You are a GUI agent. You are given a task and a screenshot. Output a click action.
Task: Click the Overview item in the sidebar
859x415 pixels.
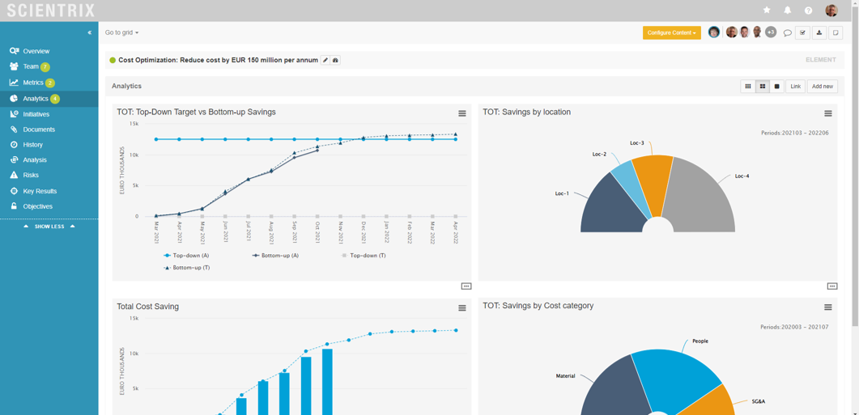pos(36,51)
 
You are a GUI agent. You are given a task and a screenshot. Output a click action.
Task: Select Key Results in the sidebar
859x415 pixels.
pos(40,191)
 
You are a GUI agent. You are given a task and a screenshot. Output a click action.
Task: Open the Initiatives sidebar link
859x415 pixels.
pos(36,114)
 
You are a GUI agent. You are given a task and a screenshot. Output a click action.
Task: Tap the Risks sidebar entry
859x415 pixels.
pos(31,175)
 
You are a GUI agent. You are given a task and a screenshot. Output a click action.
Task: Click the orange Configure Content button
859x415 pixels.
pos(671,32)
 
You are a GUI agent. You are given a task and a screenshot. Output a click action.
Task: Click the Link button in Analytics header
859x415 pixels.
pos(795,86)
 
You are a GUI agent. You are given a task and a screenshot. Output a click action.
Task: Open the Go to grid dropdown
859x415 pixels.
pos(121,32)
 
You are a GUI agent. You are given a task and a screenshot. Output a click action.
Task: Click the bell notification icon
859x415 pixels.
pos(787,11)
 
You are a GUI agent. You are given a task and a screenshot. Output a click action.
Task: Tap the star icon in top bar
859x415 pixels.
pos(767,11)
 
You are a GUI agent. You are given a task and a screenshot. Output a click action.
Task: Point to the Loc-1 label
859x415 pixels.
pos(562,193)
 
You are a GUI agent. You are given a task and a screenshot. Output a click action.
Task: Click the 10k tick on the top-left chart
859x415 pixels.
pos(134,155)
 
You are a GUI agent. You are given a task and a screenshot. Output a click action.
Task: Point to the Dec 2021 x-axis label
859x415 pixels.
pos(364,232)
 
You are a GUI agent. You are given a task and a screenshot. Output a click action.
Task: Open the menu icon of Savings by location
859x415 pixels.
pos(827,113)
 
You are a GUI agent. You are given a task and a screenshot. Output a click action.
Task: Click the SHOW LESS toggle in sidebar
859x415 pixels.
pos(49,227)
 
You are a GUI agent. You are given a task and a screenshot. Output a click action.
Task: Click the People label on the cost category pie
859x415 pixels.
pos(700,341)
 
